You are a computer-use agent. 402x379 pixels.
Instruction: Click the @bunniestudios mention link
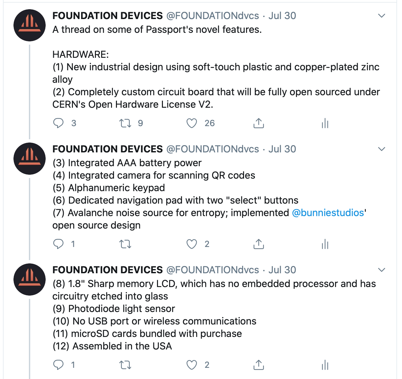point(328,213)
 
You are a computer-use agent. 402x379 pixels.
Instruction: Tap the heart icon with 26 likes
point(191,123)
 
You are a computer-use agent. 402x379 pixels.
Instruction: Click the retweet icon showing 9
point(125,123)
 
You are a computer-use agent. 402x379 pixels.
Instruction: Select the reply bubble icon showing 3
point(58,123)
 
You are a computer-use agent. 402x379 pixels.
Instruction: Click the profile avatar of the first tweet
point(30,25)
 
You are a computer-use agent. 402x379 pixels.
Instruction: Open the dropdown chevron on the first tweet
point(382,15)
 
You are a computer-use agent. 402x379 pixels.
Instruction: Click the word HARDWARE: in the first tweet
point(80,55)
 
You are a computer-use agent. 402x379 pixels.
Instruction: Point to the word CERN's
point(69,104)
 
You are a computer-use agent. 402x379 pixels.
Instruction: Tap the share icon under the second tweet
point(259,244)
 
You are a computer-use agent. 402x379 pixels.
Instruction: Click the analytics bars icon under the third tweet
point(325,365)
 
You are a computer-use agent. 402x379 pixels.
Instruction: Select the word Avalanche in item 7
point(88,213)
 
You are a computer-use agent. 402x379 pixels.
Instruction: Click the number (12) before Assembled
point(61,346)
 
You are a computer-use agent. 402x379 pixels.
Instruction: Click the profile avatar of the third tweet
point(30,279)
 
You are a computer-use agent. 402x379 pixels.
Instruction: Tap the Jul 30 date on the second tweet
point(282,149)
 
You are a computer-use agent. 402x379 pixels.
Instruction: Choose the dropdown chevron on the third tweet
point(382,270)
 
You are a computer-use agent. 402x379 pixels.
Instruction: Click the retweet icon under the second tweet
point(125,244)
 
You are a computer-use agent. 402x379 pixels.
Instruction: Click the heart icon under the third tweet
point(191,365)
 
